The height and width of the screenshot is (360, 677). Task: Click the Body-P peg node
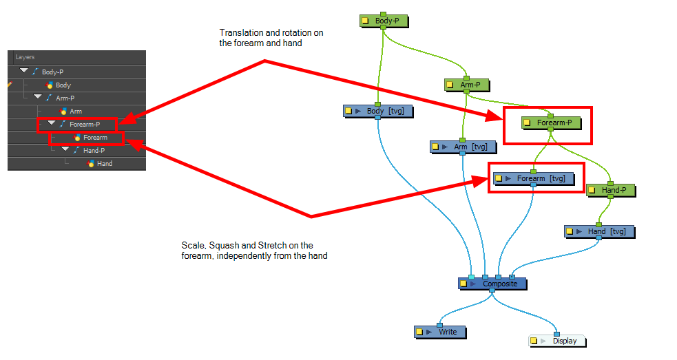(x=384, y=21)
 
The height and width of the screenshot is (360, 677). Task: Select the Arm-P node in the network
(x=467, y=85)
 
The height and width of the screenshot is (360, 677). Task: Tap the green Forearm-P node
(x=551, y=123)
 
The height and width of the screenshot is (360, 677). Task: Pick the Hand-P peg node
(x=610, y=190)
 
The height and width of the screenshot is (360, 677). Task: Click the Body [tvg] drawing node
(x=378, y=111)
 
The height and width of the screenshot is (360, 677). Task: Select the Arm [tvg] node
(x=463, y=147)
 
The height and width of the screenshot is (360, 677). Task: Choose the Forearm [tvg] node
(x=534, y=178)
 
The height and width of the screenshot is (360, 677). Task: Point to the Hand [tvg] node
(x=600, y=231)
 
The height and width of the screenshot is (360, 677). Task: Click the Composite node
(x=492, y=284)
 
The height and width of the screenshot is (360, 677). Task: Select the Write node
(x=440, y=332)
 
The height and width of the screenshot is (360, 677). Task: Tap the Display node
(x=557, y=341)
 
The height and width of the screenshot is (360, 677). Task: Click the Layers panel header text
(x=25, y=57)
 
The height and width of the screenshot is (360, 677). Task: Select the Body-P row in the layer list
(x=77, y=72)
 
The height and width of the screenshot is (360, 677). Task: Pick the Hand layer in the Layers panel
(x=105, y=164)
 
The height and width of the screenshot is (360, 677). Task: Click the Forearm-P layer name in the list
(x=85, y=125)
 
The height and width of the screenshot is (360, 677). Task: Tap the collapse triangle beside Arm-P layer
(x=38, y=97)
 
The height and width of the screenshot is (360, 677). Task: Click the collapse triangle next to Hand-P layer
(x=65, y=149)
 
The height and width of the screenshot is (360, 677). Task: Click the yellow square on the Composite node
(x=464, y=284)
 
